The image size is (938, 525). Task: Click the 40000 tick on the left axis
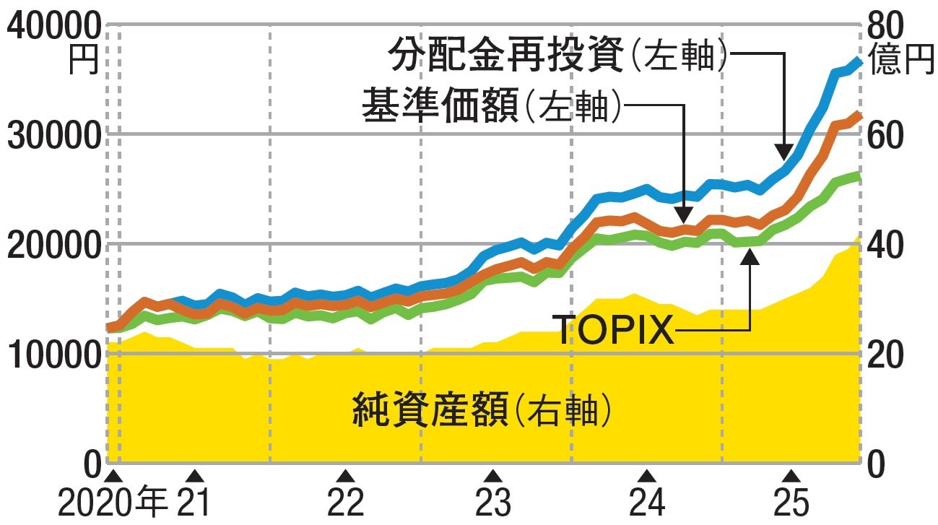[x=52, y=27]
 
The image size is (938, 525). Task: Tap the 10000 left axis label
[x=52, y=355]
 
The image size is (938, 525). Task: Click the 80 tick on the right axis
[x=885, y=27]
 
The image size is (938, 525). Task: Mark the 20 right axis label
[x=885, y=355]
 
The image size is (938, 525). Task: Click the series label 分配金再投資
[x=505, y=53]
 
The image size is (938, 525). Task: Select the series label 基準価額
[x=440, y=107]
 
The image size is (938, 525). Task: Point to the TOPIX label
[x=614, y=331]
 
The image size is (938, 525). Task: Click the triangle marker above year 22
[x=346, y=476]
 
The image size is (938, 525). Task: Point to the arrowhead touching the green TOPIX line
[x=750, y=253]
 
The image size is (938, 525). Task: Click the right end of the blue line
[x=858, y=61]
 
